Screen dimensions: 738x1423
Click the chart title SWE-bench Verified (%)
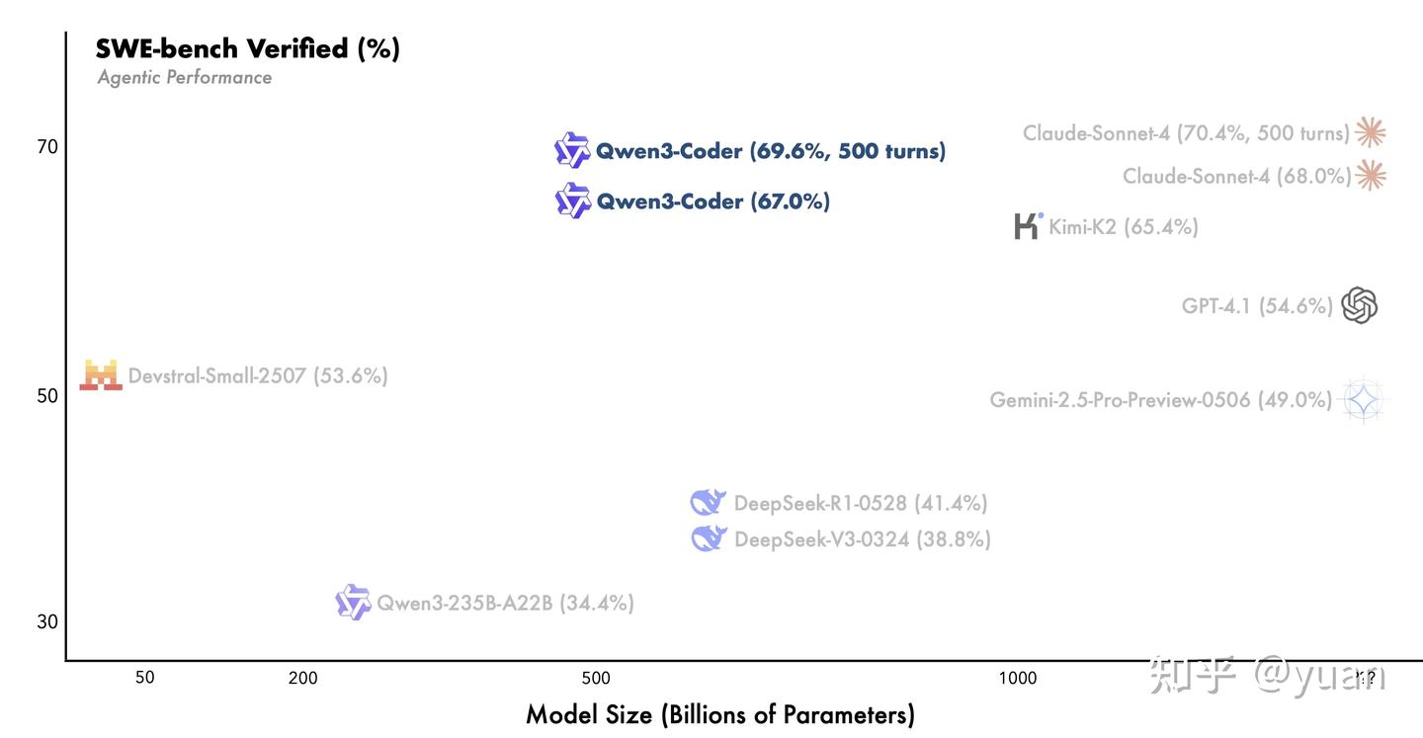click(247, 48)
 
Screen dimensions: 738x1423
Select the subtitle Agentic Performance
click(184, 77)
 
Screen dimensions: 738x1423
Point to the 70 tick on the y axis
click(47, 147)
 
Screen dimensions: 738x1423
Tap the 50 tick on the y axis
click(47, 395)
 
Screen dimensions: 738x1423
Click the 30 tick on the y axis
click(47, 621)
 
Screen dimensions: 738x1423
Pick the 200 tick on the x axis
click(302, 678)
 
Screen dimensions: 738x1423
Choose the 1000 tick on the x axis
click(1017, 678)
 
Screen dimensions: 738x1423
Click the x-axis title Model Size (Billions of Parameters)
click(719, 714)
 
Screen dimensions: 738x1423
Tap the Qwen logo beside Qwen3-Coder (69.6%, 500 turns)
click(571, 150)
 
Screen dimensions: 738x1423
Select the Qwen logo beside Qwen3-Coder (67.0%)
click(572, 201)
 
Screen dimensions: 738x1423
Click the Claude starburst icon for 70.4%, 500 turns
click(1370, 131)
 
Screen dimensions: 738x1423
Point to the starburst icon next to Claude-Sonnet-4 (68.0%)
click(1370, 175)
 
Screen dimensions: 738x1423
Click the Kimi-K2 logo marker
click(1028, 226)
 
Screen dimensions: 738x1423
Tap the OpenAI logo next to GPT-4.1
click(1360, 305)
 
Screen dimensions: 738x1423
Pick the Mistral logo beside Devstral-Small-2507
click(101, 375)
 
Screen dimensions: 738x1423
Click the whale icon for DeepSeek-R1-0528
click(708, 503)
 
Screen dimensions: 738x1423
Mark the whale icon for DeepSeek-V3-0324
click(709, 538)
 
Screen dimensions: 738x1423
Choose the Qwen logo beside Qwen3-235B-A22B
click(353, 602)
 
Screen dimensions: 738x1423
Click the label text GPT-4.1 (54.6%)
click(1257, 306)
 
